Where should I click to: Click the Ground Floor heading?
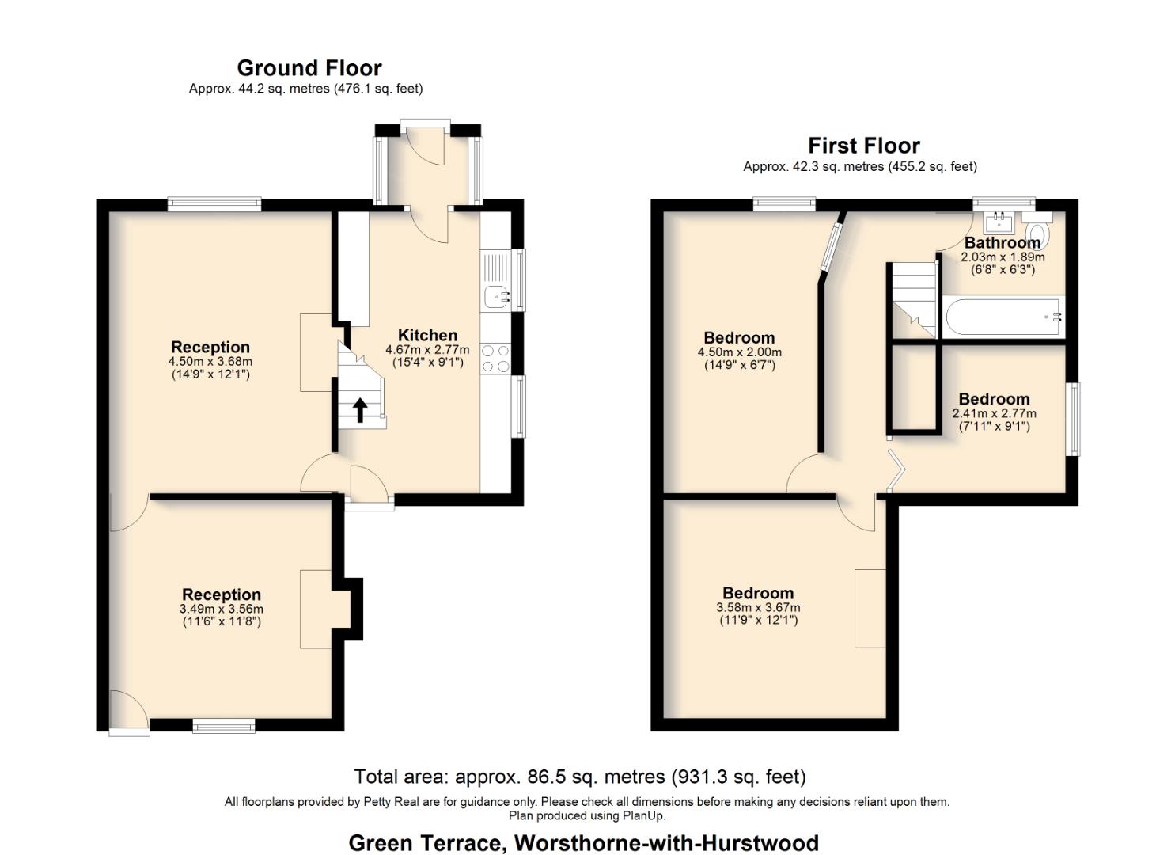[x=309, y=68]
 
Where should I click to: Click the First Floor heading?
[x=863, y=146]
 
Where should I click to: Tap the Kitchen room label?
[x=427, y=335]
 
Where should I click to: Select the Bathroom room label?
[x=1002, y=242]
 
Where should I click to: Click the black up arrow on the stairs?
[x=359, y=409]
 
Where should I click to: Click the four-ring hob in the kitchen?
[x=495, y=358]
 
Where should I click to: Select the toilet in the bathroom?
[x=1035, y=234]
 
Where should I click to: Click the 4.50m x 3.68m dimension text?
[x=210, y=361]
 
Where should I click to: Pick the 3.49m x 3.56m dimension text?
[x=222, y=609]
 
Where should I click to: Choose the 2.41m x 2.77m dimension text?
[x=994, y=413]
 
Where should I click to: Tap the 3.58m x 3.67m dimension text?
[x=758, y=607]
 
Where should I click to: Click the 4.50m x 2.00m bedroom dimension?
[x=739, y=352]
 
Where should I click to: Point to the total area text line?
[x=579, y=777]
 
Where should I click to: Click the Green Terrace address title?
[x=583, y=843]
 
